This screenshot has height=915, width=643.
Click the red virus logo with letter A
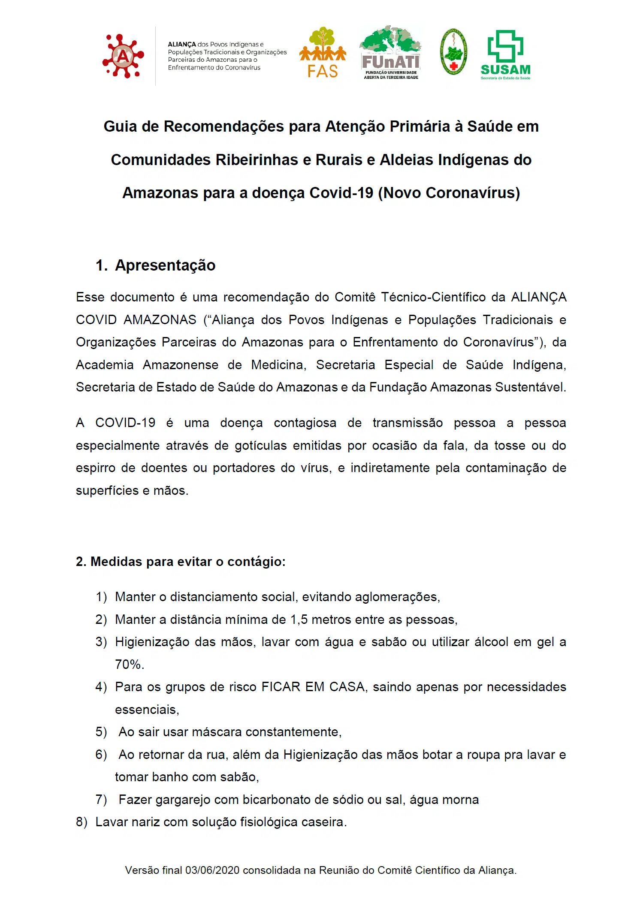[x=123, y=56]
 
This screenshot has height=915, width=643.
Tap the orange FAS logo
[x=323, y=53]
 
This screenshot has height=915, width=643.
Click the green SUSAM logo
[x=505, y=54]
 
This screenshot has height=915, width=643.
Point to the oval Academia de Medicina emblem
[x=453, y=53]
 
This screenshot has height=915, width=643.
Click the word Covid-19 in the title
[x=341, y=193]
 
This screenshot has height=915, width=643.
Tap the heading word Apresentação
[x=165, y=265]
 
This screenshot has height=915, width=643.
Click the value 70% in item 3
[x=129, y=665]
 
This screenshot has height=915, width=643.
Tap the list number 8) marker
[x=82, y=822]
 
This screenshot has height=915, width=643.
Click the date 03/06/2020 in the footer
[x=212, y=870]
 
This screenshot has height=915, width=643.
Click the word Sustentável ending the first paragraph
[x=530, y=387]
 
